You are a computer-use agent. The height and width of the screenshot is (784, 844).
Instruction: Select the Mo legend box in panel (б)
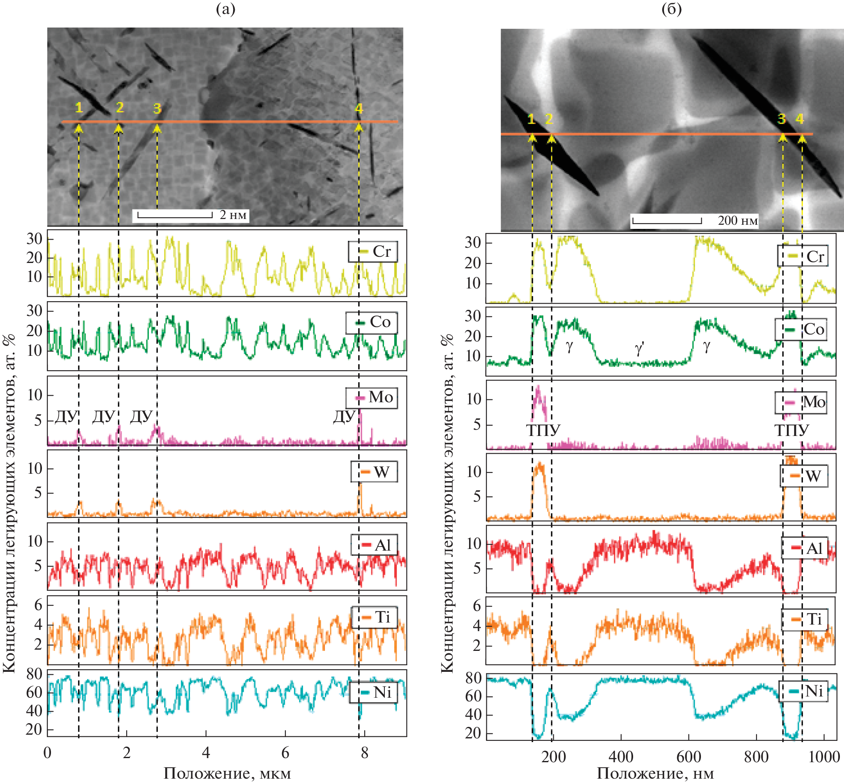point(801,402)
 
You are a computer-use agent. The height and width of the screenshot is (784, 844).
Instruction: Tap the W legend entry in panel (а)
point(374,471)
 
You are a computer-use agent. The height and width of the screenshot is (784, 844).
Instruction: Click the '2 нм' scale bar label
point(233,215)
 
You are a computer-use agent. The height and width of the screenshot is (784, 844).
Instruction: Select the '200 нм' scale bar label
point(738,221)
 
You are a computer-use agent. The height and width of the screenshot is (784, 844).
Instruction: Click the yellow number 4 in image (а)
point(359,108)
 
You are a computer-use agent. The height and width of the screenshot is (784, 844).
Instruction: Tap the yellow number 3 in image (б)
point(781,119)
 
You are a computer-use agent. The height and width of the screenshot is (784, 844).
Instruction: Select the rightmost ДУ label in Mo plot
point(344,417)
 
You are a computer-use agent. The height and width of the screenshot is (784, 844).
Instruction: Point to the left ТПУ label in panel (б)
point(543,430)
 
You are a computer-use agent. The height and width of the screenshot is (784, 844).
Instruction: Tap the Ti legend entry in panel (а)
point(374,617)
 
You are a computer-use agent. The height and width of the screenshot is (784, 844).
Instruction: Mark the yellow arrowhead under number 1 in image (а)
point(79,127)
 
